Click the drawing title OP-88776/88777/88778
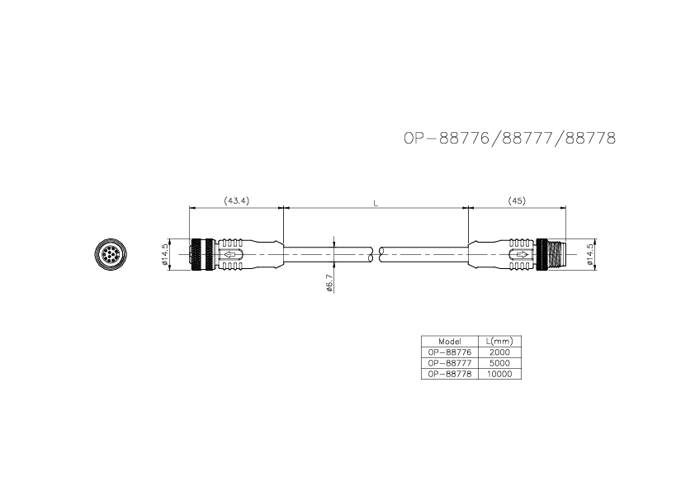[509, 139]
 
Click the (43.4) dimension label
[236, 201]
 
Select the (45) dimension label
[517, 201]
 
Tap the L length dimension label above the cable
[376, 201]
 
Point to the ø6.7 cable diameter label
[329, 283]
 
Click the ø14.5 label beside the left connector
[165, 254]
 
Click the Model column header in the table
[449, 341]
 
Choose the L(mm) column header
[499, 341]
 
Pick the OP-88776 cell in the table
[449, 352]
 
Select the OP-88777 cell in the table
[449, 362]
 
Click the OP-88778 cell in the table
[449, 373]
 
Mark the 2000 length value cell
[499, 352]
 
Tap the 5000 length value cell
[499, 362]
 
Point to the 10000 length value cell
[499, 373]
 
